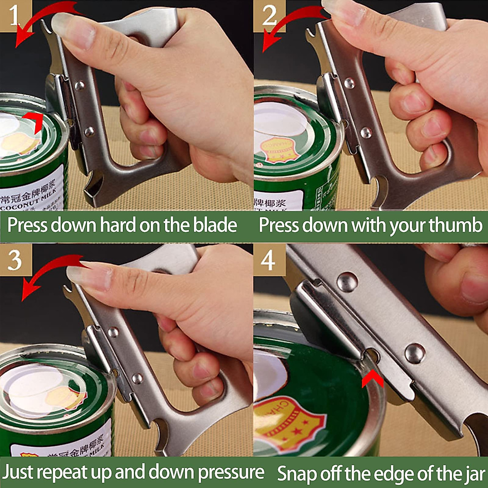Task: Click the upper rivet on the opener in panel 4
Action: click(347, 281)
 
